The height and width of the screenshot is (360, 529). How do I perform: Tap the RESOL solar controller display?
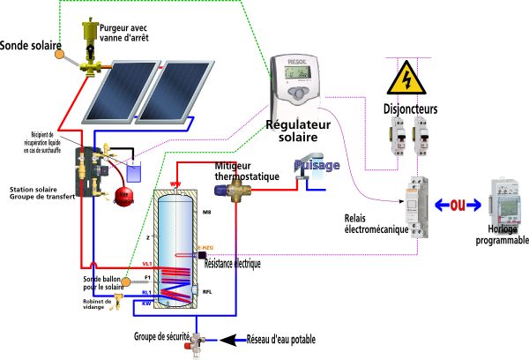297,79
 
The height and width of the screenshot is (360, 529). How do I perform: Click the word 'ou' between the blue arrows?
457,205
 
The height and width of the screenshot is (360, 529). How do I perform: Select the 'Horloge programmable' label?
502,235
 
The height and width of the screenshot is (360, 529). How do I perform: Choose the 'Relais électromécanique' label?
376,225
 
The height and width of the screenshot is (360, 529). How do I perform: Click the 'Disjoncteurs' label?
413,110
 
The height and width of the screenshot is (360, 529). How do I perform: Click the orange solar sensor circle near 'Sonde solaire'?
60,54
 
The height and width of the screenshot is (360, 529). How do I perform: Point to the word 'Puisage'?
317,165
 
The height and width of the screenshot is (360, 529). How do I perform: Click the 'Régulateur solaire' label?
298,131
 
